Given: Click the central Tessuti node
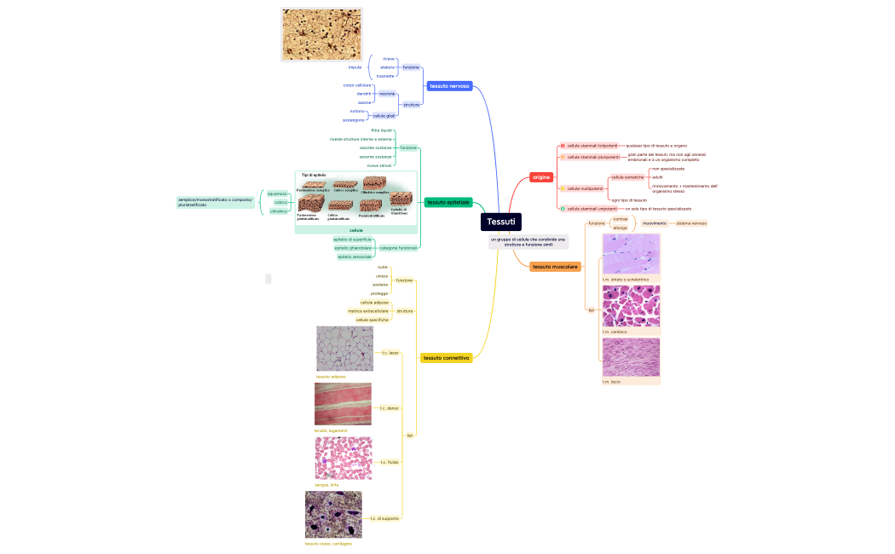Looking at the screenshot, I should [x=500, y=222].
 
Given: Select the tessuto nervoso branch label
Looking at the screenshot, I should [x=449, y=86].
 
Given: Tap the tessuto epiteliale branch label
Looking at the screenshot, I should [x=448, y=202].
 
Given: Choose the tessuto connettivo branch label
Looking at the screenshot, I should [x=446, y=358].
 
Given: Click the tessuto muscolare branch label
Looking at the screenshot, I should [x=555, y=267].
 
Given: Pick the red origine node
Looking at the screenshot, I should [x=541, y=176].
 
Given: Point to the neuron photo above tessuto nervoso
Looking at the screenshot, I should [x=320, y=35].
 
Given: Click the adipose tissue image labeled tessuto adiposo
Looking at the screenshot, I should [x=344, y=349].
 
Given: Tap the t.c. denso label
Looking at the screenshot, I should [x=389, y=408].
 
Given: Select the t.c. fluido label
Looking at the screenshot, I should [x=389, y=462].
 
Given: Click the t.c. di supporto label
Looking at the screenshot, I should [x=384, y=518].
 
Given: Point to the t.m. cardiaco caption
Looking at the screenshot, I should [x=615, y=332].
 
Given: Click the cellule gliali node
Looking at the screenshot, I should [x=384, y=115].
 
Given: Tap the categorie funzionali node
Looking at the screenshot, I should [x=398, y=248].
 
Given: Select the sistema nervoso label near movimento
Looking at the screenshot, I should [x=691, y=223].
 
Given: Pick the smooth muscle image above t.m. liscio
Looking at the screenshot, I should [x=631, y=357].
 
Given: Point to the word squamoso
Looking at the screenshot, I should [x=277, y=193].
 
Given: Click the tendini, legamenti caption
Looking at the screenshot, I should [x=331, y=430].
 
